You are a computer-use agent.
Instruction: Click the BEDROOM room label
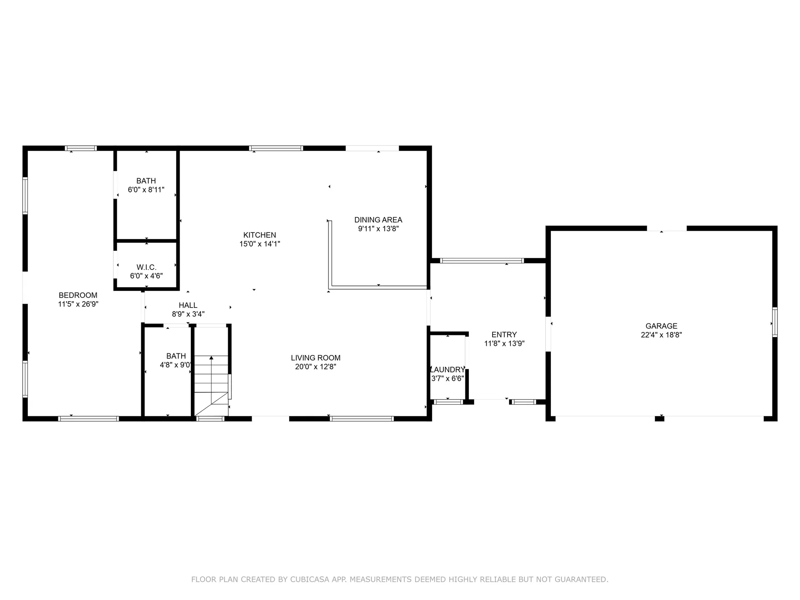coord(78,295)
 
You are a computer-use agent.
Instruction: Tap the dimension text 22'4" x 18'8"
coord(661,335)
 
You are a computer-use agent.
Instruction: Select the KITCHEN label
coord(260,235)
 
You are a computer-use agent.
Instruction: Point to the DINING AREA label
coord(378,220)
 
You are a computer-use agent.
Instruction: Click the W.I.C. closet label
coord(146,267)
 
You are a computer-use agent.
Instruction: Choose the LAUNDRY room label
coord(447,370)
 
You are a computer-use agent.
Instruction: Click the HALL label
coord(188,305)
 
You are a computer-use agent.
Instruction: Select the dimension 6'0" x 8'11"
coord(146,190)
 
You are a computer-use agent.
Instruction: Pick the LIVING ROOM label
coord(315,357)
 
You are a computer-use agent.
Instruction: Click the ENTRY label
coord(504,334)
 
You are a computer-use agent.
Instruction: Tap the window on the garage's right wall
coord(775,322)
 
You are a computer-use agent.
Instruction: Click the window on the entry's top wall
coord(482,261)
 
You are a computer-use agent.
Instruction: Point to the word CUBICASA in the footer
coord(325,579)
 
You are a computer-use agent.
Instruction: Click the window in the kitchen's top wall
coord(276,148)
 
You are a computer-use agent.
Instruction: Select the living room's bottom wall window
coord(362,418)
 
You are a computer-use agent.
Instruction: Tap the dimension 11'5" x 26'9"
coord(78,304)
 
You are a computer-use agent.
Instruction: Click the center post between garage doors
coord(660,418)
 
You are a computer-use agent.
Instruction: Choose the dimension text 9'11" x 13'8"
coord(378,229)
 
